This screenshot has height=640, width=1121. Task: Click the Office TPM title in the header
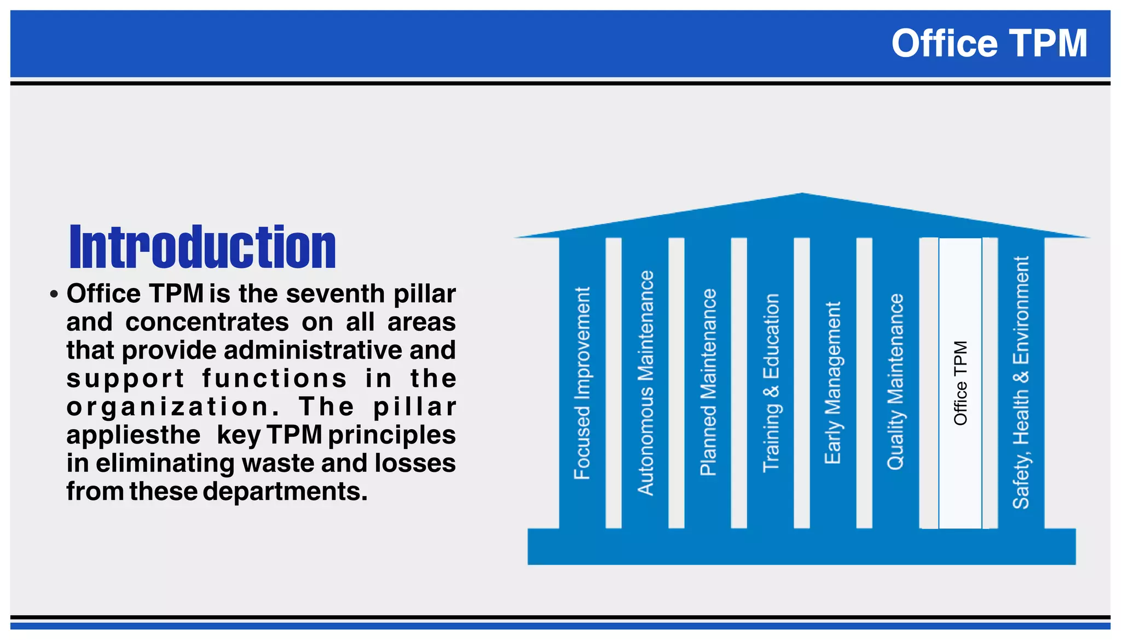(x=989, y=44)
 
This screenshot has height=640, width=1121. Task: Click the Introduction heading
(x=203, y=247)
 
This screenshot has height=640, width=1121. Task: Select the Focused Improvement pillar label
(x=582, y=383)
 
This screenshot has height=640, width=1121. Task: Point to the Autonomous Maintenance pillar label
(x=646, y=383)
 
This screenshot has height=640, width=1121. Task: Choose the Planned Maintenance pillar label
(x=708, y=382)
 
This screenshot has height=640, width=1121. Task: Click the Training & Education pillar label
(x=771, y=383)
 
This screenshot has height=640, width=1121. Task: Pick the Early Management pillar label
(x=833, y=383)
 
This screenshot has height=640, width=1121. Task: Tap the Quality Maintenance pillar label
(x=895, y=382)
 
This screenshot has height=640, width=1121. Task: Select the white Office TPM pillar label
(x=961, y=383)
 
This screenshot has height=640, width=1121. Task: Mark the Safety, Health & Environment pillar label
(x=1021, y=383)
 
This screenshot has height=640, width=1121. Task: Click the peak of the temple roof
(x=802, y=195)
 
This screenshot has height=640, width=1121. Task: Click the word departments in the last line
(x=285, y=491)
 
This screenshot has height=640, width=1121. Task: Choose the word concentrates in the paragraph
(x=207, y=322)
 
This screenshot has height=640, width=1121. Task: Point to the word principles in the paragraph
(x=392, y=435)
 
